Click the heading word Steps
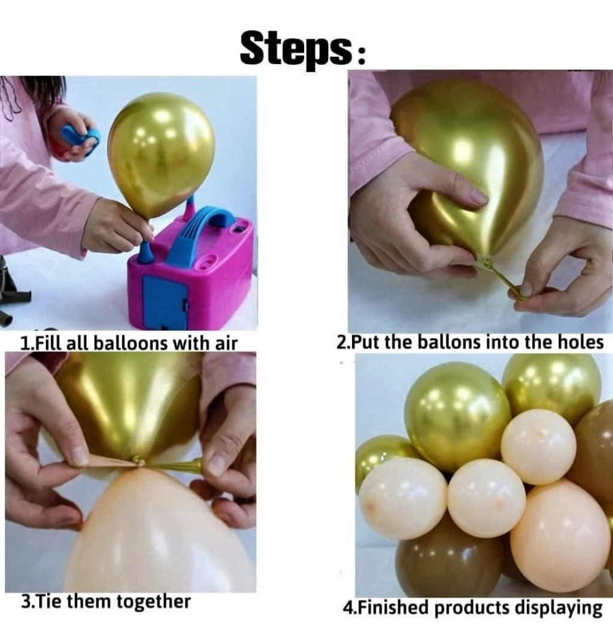pos(297,50)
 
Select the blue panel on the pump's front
pos(165,299)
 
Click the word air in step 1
pos(226,343)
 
